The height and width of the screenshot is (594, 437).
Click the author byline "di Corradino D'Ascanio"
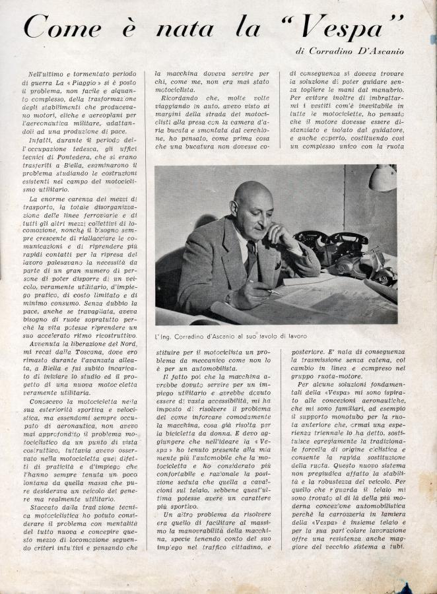tap(349, 51)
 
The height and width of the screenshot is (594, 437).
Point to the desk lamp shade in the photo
tap(383, 178)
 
